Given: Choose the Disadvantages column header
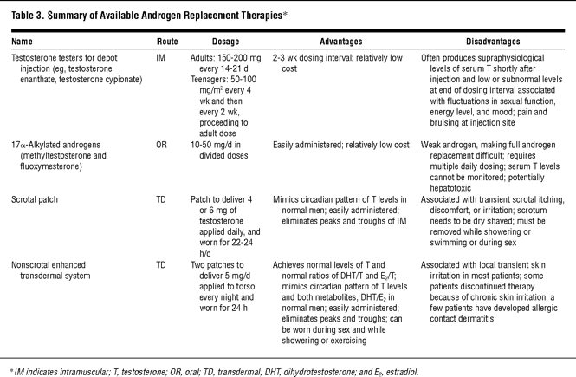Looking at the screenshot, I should pyautogui.click(x=490, y=41).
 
